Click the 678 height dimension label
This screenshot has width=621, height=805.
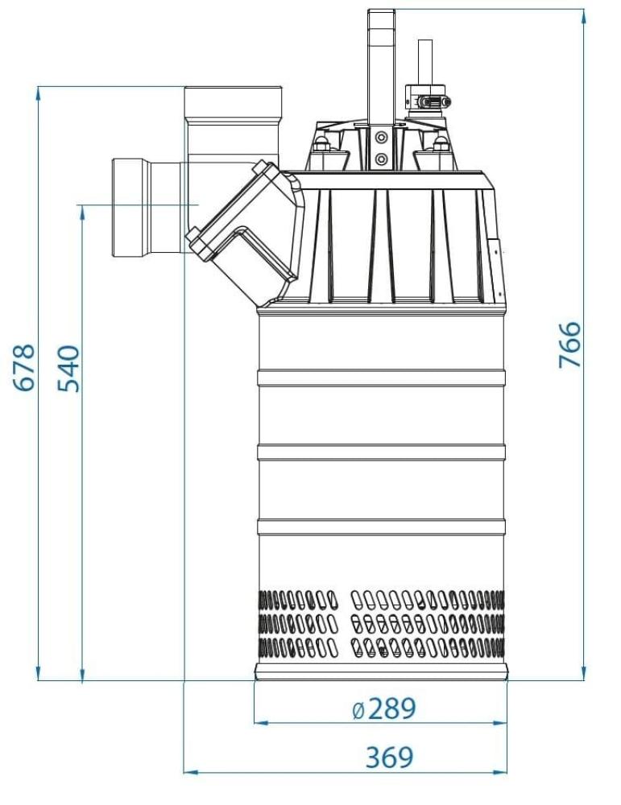[27, 368]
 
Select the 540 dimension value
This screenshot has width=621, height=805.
[69, 369]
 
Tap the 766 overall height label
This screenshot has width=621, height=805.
[569, 345]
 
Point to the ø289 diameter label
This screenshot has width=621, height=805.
[384, 709]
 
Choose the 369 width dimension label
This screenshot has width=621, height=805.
[389, 758]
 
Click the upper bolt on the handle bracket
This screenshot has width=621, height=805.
[381, 138]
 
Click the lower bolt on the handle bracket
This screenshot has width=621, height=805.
[381, 159]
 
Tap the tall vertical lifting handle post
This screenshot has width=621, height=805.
[381, 67]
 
